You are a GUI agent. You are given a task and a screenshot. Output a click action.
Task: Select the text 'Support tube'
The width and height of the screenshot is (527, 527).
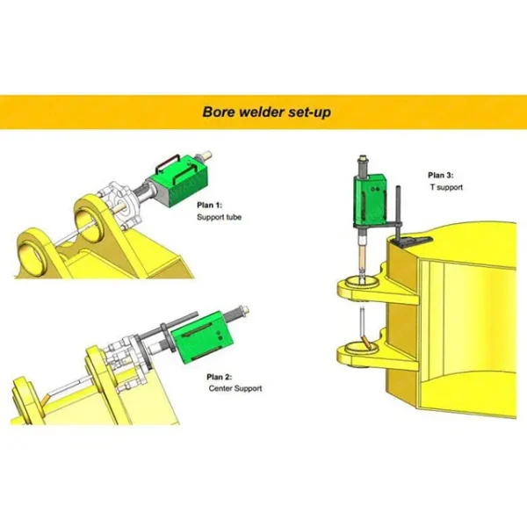click(x=219, y=217)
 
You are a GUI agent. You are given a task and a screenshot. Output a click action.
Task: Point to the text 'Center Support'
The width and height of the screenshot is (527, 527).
click(x=235, y=387)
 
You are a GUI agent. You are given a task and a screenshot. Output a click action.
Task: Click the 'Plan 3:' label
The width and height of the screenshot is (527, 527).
click(x=441, y=176)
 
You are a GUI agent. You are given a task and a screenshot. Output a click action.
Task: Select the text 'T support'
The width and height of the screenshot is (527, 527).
click(x=445, y=187)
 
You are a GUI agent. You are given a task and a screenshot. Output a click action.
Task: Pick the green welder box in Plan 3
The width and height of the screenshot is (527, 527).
click(x=367, y=201)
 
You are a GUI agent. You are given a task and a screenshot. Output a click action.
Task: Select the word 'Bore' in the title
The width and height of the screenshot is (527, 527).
click(x=219, y=112)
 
